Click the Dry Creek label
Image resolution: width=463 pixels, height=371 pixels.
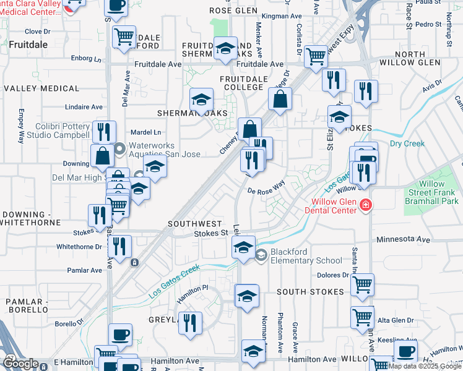407,143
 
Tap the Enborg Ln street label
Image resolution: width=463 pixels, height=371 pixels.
86,59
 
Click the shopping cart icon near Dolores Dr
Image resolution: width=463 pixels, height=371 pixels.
362,285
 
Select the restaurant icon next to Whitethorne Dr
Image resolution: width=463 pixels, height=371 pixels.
119,246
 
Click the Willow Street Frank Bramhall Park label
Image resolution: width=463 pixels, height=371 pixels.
431,192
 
